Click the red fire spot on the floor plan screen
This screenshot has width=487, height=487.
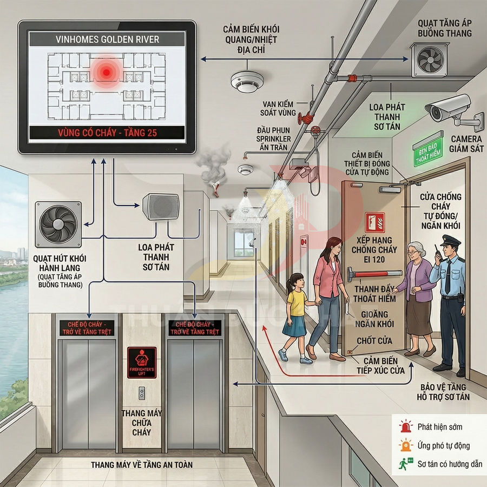(106, 71)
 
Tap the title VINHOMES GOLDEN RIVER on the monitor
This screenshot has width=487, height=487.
(107, 39)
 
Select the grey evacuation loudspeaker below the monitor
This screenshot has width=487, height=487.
(160, 207)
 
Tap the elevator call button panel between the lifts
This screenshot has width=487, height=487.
(141, 392)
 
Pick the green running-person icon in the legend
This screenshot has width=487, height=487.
(404, 464)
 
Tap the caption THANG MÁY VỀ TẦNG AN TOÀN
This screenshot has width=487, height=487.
(141, 464)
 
